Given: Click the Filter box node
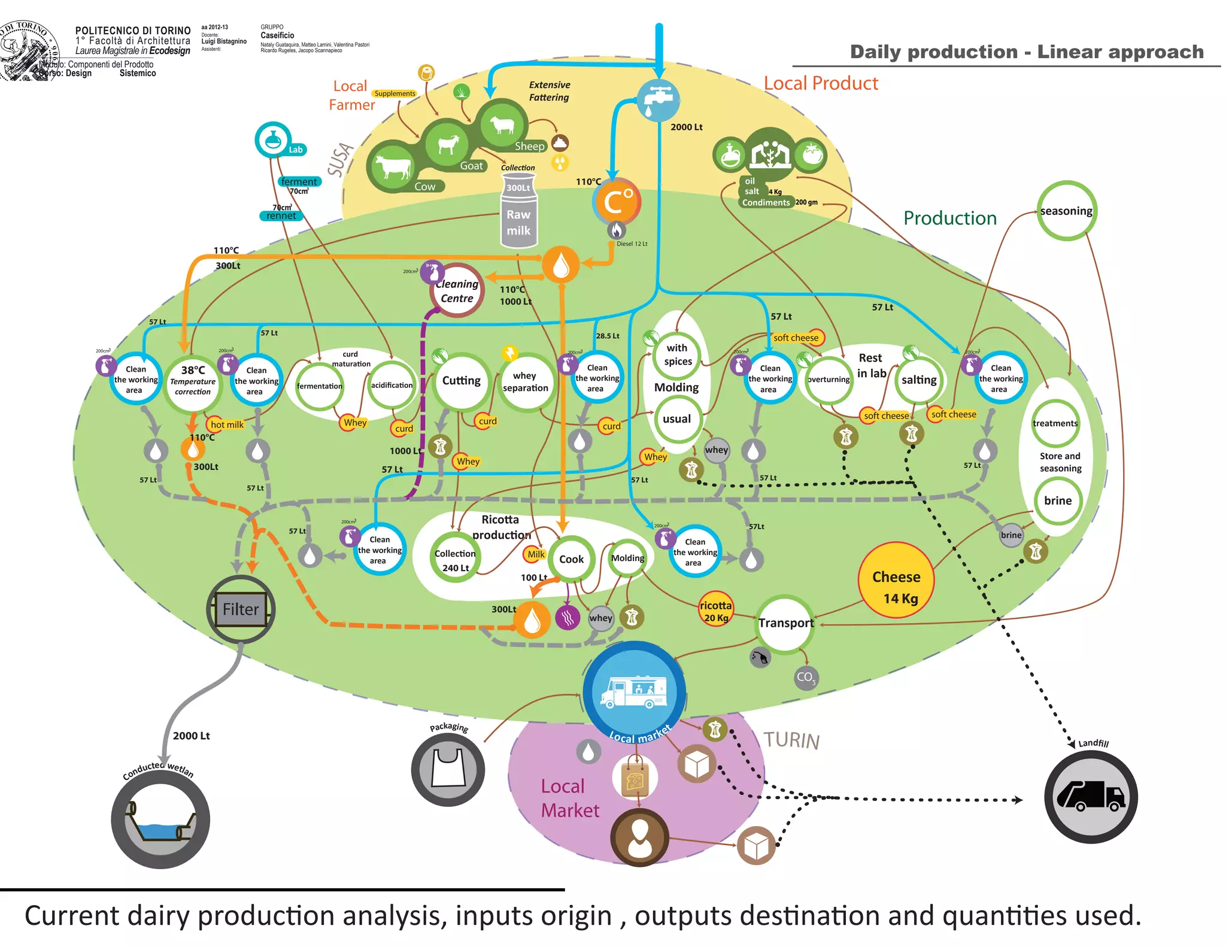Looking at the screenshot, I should click(241, 609).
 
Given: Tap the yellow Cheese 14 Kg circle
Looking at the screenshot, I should click(896, 580).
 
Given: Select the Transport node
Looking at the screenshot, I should click(785, 623).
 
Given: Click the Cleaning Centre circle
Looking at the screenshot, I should click(457, 291).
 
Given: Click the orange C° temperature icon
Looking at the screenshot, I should click(617, 201).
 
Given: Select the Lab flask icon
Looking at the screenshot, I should click(273, 139).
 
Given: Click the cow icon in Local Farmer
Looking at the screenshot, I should click(393, 166).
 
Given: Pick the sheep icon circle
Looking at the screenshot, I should click(502, 125).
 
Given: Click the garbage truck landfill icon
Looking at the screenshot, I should click(1090, 797).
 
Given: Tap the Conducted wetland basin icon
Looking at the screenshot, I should click(160, 819).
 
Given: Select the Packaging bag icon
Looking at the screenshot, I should click(447, 770).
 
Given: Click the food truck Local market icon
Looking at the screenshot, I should click(634, 693).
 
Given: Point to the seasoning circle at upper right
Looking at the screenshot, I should click(1066, 211).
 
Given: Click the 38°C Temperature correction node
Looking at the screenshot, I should click(193, 381).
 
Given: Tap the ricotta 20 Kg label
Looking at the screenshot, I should click(715, 611).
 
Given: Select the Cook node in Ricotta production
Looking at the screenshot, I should click(571, 559).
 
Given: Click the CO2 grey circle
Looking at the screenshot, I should click(806, 678).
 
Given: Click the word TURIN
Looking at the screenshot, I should click(791, 740).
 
